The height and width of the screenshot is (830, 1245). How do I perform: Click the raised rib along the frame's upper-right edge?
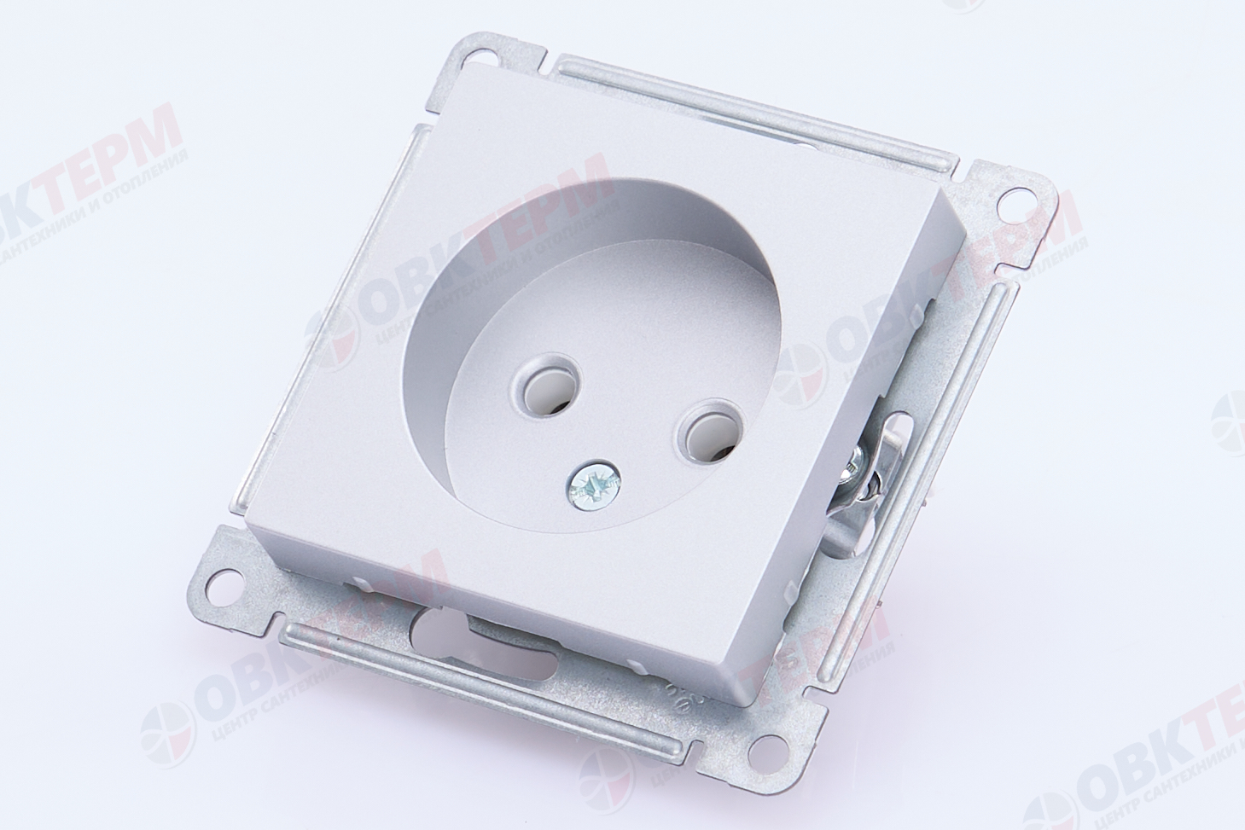click(751, 110)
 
